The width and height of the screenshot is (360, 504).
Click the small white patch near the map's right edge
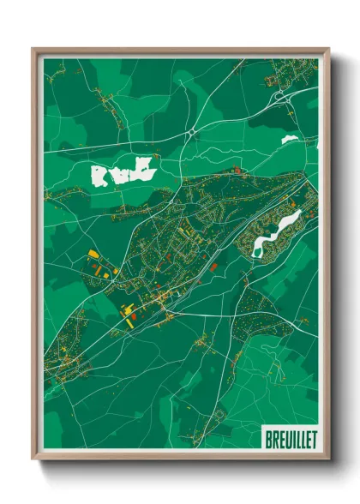tap(290, 139)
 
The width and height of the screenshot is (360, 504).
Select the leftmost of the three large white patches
tap(99, 177)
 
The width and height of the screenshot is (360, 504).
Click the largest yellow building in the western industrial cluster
tap(92, 255)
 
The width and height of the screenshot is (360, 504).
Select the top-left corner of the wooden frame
tap(33, 49)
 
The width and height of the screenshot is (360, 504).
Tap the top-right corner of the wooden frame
tap(329, 49)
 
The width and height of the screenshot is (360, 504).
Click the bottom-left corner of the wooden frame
tap(33, 461)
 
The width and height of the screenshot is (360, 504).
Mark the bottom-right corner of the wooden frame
tap(329, 461)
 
